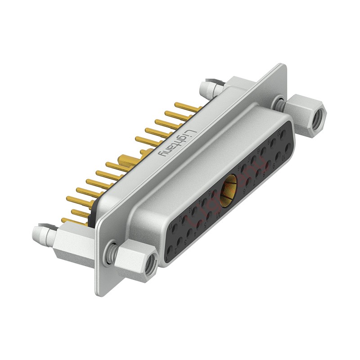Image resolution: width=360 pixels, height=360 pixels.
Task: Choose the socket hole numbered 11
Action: point(173,229)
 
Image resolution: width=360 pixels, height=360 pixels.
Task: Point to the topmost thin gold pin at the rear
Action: point(191,107)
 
